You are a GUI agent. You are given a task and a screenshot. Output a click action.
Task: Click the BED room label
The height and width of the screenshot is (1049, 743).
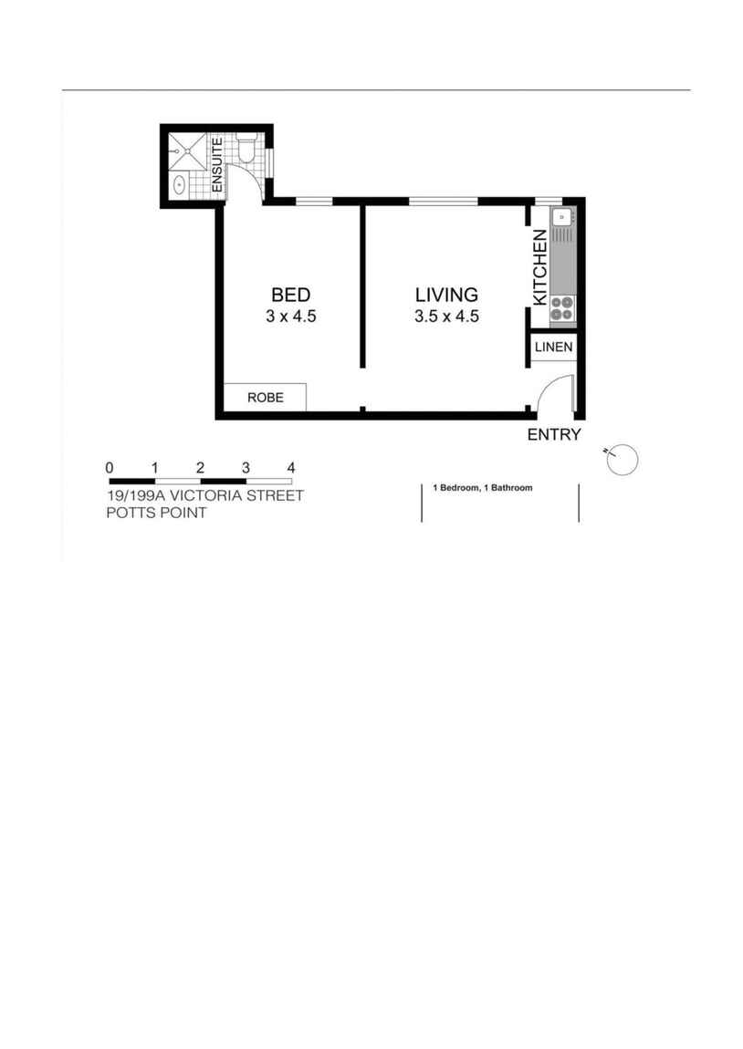[x=290, y=295]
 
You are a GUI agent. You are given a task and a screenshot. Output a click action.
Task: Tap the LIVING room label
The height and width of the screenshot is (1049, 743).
[x=446, y=295]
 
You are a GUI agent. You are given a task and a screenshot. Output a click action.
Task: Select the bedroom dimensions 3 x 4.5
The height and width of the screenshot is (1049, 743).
[x=290, y=317]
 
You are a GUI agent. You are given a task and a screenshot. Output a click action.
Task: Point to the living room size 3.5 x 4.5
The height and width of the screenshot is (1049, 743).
[x=446, y=317]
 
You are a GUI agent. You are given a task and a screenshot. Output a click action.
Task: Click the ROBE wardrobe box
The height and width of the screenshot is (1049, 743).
[x=265, y=398]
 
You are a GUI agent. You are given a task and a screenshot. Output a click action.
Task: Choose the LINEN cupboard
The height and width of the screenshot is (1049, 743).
[x=553, y=348]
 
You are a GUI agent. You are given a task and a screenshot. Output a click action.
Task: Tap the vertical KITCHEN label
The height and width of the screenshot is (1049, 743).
[x=539, y=267]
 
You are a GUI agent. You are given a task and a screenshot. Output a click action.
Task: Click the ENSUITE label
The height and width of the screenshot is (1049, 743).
[x=217, y=164]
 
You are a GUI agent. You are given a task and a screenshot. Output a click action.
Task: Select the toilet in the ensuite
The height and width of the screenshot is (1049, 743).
[x=246, y=150]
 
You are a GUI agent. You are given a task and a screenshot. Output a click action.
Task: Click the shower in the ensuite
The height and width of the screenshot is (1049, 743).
[x=187, y=151]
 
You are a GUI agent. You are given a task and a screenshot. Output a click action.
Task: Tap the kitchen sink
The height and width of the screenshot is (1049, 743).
[x=561, y=217]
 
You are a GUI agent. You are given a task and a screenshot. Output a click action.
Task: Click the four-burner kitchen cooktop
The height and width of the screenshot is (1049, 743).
[x=561, y=308]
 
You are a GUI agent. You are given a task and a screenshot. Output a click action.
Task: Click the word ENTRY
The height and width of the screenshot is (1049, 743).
[x=553, y=435]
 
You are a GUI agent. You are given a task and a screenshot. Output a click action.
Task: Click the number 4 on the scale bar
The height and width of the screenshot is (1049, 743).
[x=291, y=468]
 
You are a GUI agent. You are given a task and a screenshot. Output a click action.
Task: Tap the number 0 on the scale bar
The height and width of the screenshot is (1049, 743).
[x=110, y=468]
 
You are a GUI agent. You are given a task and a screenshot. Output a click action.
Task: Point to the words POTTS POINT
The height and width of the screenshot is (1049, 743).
[x=156, y=513]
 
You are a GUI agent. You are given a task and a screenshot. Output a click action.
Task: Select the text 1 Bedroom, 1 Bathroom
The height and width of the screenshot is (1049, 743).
[x=482, y=488]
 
